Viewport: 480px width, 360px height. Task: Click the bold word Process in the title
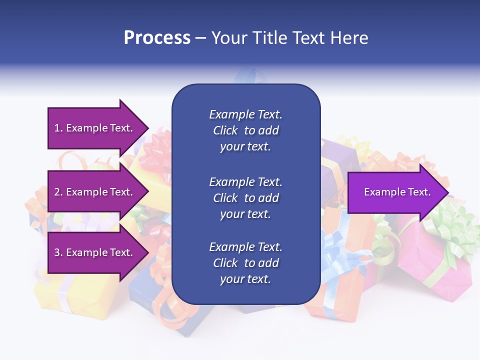[x=157, y=38]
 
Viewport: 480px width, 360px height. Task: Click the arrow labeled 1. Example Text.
[x=95, y=128]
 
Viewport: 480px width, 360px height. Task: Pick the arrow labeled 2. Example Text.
[x=95, y=192]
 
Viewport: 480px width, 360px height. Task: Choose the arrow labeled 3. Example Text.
[x=95, y=252]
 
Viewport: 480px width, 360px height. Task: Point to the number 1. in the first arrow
[x=58, y=128]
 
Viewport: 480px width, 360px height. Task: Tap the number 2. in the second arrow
[x=58, y=192]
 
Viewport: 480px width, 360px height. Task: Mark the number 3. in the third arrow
[x=58, y=252]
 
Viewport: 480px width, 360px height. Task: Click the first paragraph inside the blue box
[x=245, y=130]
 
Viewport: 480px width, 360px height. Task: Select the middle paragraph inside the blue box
[x=245, y=198]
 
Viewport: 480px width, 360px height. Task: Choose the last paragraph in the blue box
[x=245, y=263]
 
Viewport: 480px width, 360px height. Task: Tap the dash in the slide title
[x=200, y=38]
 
